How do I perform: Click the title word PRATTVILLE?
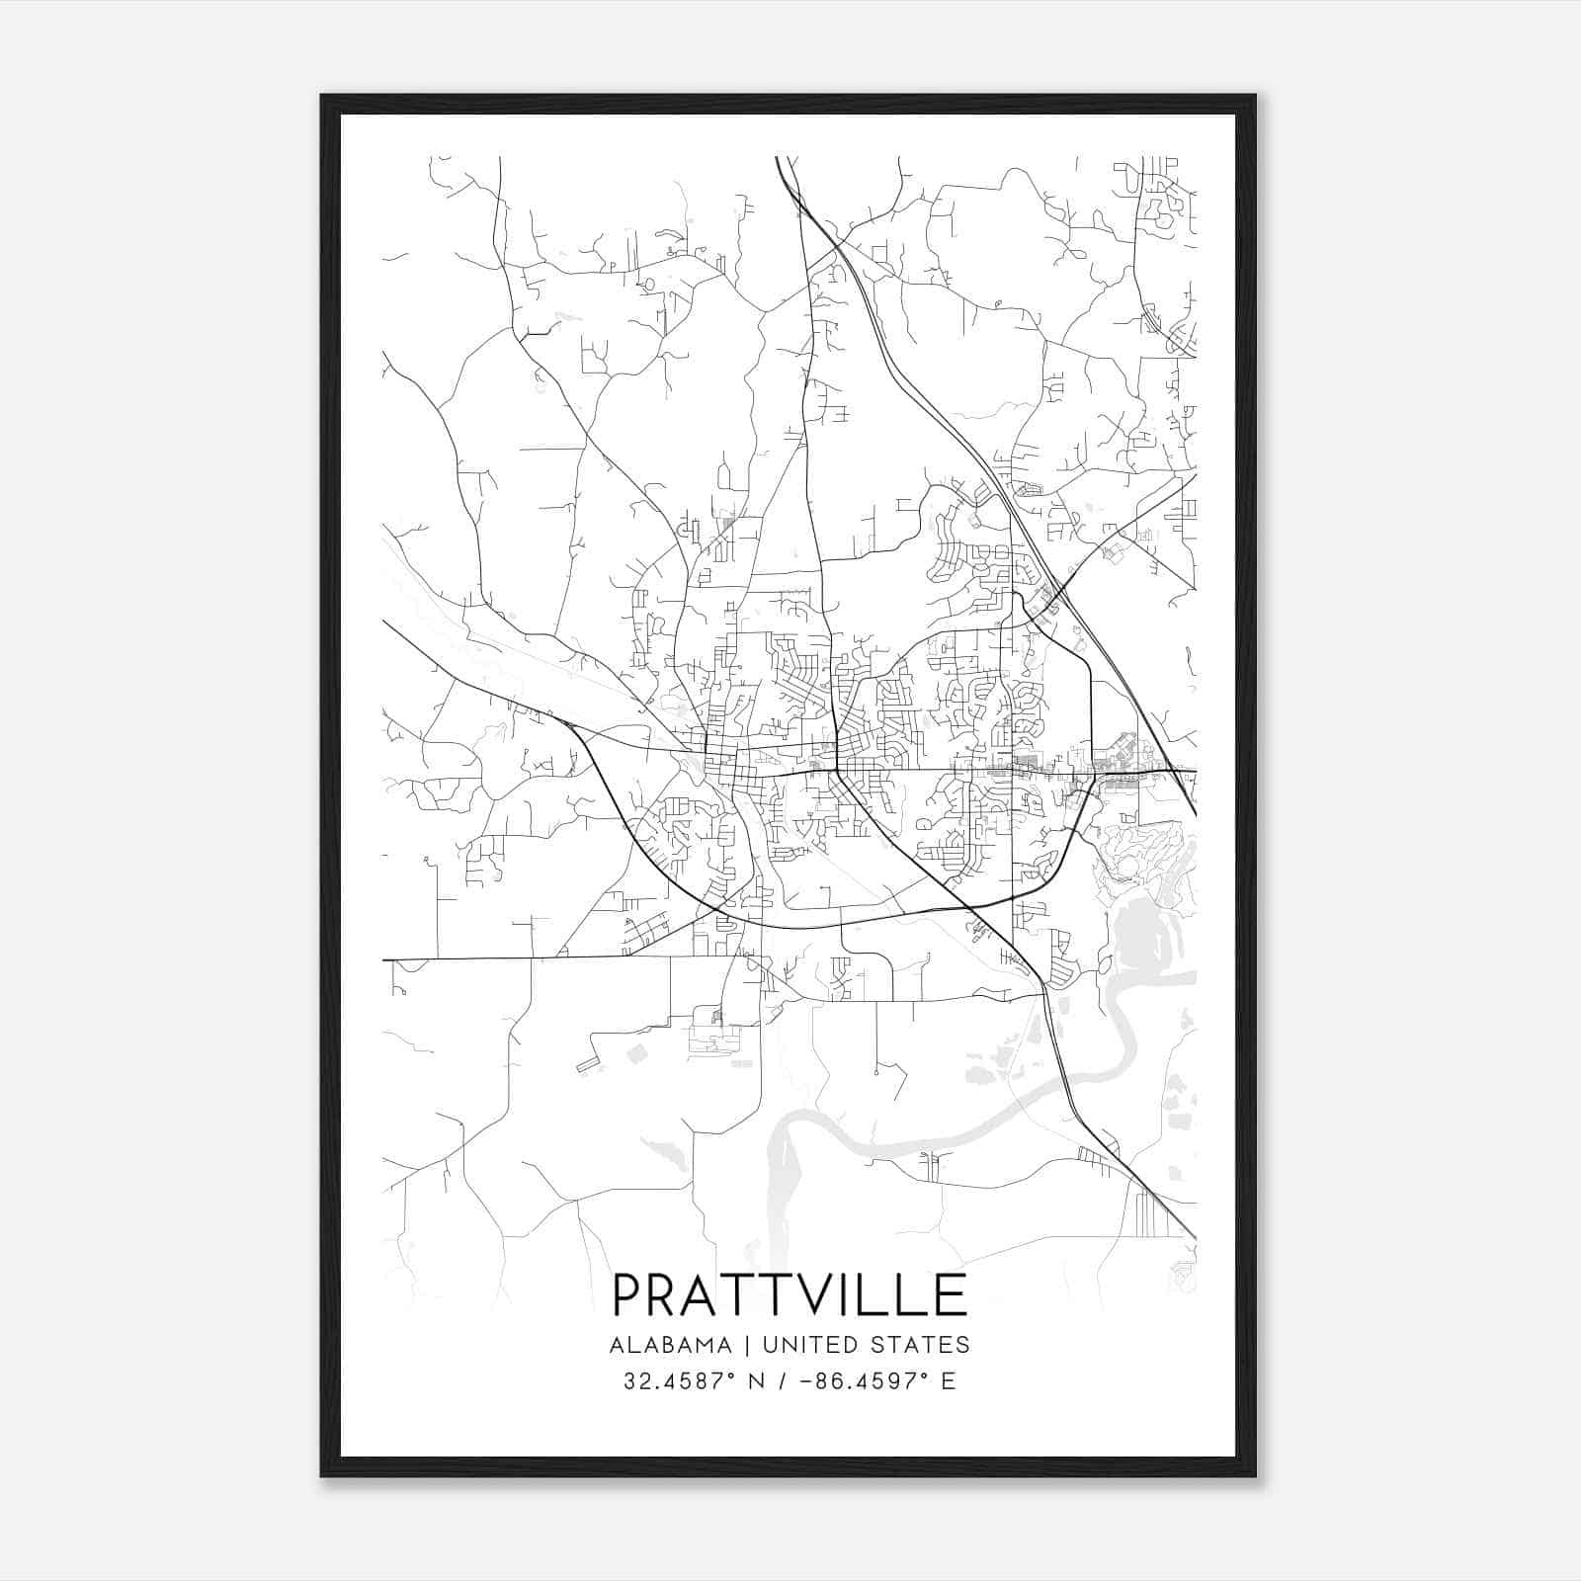(x=790, y=1294)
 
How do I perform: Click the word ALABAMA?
(x=671, y=1345)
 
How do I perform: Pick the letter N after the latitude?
(x=759, y=1381)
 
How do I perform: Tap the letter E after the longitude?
(x=949, y=1381)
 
